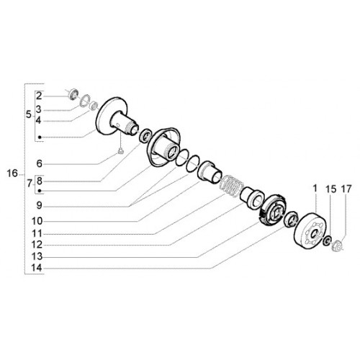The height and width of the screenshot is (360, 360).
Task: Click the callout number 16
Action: (12, 173)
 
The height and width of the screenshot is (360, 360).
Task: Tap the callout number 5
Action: (29, 114)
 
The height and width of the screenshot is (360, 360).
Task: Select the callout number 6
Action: (39, 163)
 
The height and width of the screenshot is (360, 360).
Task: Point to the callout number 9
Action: (39, 205)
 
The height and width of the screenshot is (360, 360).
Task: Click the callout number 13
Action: (37, 256)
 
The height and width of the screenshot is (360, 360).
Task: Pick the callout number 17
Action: (346, 189)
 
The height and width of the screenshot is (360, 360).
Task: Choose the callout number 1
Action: (315, 189)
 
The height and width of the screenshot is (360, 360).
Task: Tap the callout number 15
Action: (331, 189)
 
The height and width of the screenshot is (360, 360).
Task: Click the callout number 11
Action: (37, 233)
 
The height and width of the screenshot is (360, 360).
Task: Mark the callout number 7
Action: (30, 184)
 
